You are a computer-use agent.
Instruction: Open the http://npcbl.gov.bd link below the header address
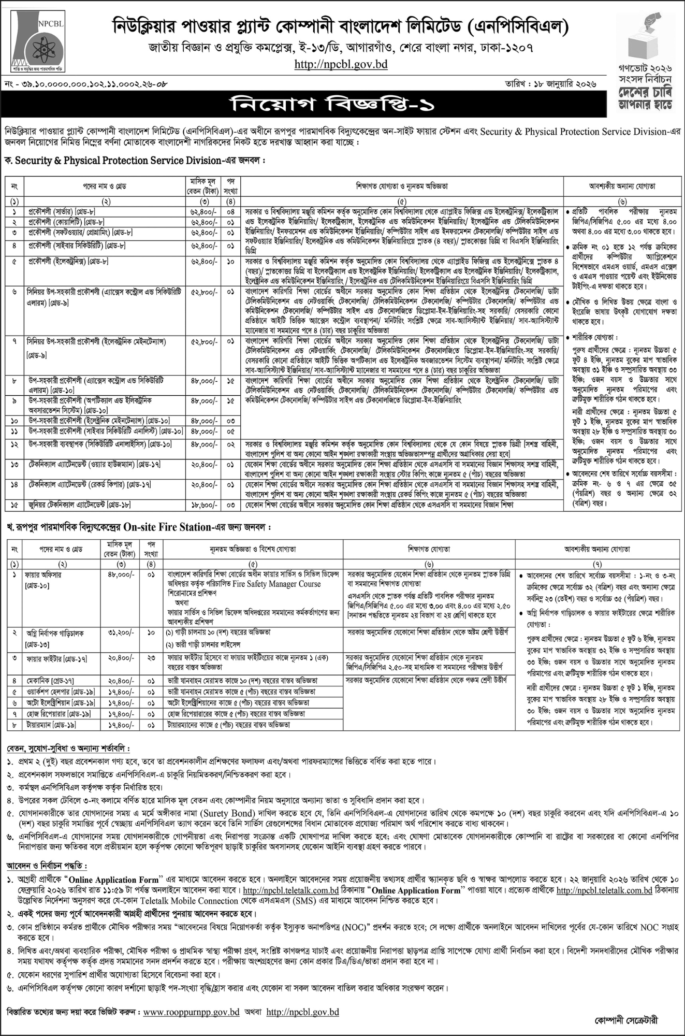(x=341, y=65)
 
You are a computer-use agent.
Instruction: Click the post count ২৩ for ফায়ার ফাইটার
(x=151, y=659)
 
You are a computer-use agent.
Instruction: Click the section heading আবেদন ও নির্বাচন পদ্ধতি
(x=47, y=866)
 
